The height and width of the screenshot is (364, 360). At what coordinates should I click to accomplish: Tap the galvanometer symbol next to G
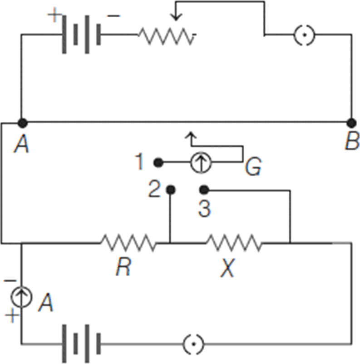point(200,162)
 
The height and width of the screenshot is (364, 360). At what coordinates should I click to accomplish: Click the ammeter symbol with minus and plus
point(21,297)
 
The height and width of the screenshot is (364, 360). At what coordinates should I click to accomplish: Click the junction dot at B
point(351,122)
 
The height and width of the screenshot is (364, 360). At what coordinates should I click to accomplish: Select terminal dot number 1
point(158,162)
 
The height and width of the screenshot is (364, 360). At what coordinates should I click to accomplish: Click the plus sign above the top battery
point(54,17)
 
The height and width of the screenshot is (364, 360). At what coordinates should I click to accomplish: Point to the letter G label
point(253,168)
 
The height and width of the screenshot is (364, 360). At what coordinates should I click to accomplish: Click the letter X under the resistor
point(227,269)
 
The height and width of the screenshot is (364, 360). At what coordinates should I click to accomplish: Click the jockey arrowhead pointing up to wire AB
point(191,135)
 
